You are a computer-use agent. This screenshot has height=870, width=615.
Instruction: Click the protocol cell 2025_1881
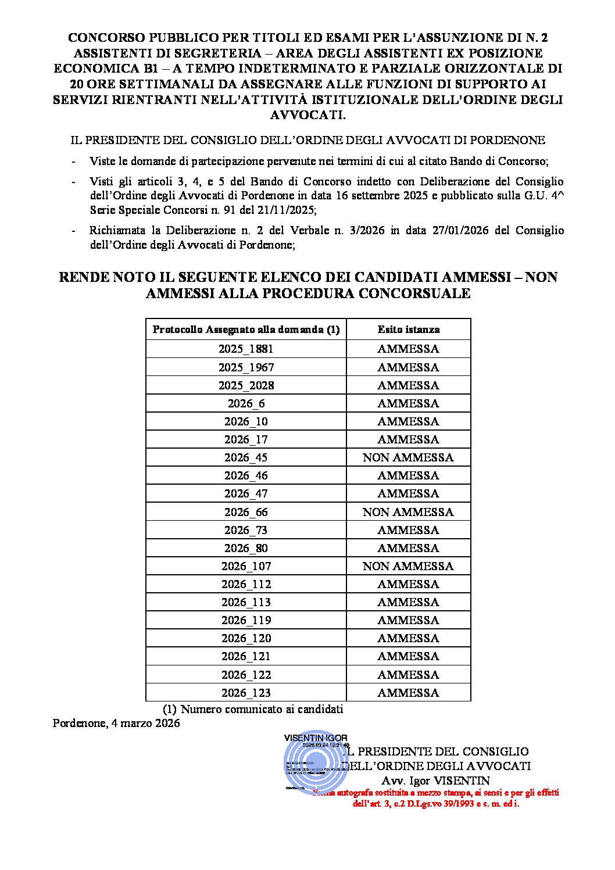[x=246, y=349]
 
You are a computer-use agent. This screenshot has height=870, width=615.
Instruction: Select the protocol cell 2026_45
[x=246, y=457]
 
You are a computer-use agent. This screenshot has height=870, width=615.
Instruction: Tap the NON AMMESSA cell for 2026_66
[x=408, y=512]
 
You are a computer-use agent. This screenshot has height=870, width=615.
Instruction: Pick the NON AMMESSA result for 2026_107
[x=408, y=566]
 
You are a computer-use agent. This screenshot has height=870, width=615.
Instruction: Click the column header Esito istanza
[x=409, y=330]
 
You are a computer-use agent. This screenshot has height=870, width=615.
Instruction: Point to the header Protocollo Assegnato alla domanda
[x=246, y=330]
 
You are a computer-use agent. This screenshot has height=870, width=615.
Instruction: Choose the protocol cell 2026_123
[x=246, y=693]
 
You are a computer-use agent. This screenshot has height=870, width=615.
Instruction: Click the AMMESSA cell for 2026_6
[x=408, y=403]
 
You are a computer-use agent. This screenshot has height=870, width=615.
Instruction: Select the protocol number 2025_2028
[x=246, y=385]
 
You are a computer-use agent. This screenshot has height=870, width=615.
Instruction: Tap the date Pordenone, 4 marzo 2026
[x=116, y=724]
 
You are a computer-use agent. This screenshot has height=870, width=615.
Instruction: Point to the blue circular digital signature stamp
[x=316, y=762]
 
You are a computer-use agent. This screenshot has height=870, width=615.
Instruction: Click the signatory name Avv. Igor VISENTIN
[x=435, y=781]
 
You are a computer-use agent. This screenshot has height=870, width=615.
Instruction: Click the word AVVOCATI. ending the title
[x=308, y=115]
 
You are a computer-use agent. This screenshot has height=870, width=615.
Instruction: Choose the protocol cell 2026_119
[x=246, y=620]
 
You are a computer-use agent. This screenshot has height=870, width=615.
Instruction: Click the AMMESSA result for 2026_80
[x=408, y=548]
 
